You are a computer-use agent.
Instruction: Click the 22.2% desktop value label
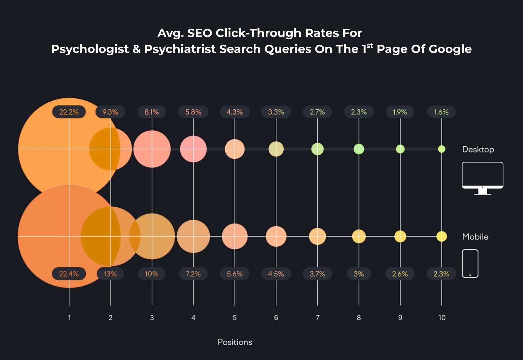click(69, 112)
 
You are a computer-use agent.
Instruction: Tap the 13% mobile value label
click(110, 274)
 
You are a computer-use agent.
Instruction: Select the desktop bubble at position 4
click(193, 149)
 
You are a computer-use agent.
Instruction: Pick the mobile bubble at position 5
click(235, 236)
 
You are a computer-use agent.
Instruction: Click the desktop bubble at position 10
click(442, 149)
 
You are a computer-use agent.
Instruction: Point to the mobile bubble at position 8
click(359, 236)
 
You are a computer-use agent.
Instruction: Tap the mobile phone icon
click(470, 263)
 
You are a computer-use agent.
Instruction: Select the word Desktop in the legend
click(478, 149)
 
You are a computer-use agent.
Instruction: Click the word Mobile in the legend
click(475, 237)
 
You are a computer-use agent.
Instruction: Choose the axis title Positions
click(235, 342)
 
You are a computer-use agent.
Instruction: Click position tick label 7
click(317, 318)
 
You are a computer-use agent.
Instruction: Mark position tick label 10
click(442, 318)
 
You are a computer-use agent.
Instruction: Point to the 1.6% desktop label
click(441, 112)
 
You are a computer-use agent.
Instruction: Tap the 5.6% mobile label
click(235, 274)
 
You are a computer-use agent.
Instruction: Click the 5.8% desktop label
click(193, 112)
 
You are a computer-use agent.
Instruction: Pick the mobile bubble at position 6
click(276, 236)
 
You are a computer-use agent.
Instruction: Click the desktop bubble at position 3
click(152, 149)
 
